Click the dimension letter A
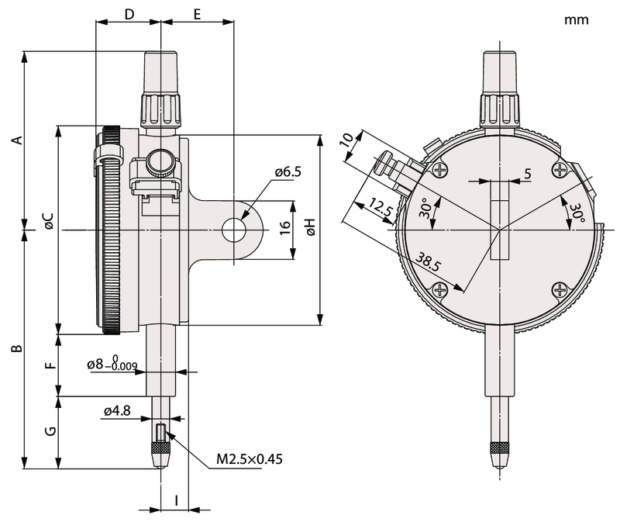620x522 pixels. point(15,140)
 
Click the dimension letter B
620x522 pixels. point(15,350)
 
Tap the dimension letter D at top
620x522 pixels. point(129,14)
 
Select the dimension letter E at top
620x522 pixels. point(197,14)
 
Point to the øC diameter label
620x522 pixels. point(48,221)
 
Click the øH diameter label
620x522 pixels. point(309,226)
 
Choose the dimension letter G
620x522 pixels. point(50,431)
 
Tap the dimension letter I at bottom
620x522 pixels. point(177,500)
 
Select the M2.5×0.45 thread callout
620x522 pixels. point(249,459)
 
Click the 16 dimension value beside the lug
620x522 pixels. point(284,227)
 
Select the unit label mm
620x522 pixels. point(577,20)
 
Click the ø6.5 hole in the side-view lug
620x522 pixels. point(233,230)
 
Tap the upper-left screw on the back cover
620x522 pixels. point(440,170)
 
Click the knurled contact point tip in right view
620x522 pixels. point(499,450)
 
